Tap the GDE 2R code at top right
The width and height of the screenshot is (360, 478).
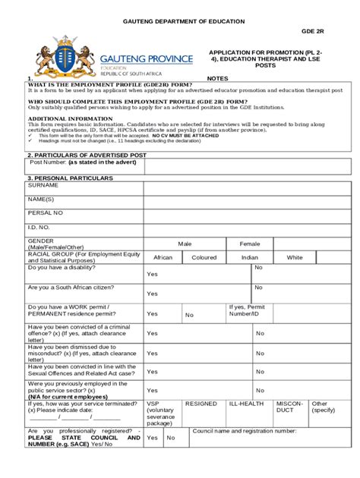pos(311,33)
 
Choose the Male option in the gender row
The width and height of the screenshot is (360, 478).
pos(185,244)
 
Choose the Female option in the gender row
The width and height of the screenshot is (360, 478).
pos(250,244)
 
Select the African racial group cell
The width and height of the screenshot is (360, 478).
pos(163,257)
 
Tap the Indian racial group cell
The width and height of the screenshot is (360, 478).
pos(250,257)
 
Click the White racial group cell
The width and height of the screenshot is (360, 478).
pos(294,257)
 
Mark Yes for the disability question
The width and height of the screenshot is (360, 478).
pos(153,275)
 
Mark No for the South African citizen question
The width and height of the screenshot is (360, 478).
pos(259,288)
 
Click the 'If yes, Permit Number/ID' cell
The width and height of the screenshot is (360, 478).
pos(247,310)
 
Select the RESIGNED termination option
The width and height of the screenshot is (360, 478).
pos(201,404)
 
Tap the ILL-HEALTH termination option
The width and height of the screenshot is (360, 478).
pos(246,404)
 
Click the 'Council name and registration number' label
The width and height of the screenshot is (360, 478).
pos(244,430)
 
